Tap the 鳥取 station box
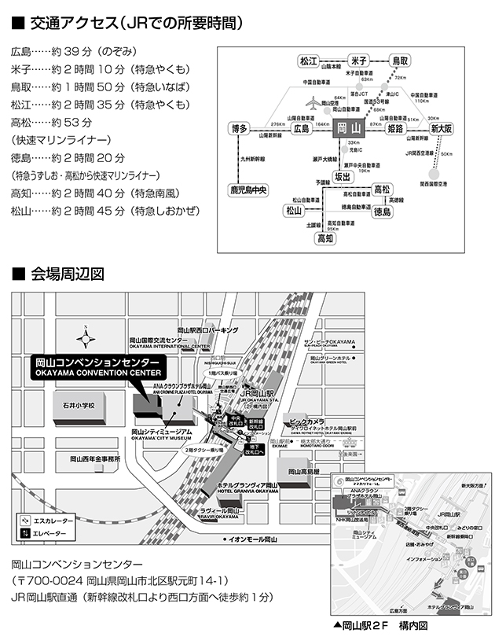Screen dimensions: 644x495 (x=401, y=61)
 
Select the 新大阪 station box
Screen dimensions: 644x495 (x=442, y=129)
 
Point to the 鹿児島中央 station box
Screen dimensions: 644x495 (x=248, y=190)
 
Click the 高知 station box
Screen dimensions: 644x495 (x=325, y=237)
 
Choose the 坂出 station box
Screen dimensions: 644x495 (x=343, y=177)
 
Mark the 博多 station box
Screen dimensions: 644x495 (x=240, y=129)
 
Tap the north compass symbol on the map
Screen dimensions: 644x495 (x=86, y=339)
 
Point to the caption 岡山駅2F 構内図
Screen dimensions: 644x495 (x=379, y=626)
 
